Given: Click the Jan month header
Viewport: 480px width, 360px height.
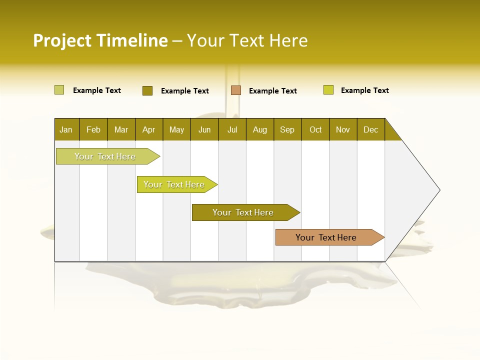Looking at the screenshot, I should [x=66, y=130].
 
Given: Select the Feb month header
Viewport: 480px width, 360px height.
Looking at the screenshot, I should [x=93, y=130].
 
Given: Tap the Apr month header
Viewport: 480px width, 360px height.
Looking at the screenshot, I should [x=148, y=130].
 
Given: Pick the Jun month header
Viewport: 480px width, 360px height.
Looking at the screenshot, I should [x=204, y=130].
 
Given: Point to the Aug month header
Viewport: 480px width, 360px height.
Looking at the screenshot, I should [x=259, y=130].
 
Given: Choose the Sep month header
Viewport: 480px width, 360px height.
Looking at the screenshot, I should [x=287, y=130].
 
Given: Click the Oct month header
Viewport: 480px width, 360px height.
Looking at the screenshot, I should [x=315, y=130].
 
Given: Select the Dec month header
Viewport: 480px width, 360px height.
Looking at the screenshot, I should [x=370, y=130].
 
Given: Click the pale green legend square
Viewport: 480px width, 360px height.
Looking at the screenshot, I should [x=59, y=90].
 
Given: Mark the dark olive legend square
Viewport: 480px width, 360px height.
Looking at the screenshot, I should [x=147, y=90].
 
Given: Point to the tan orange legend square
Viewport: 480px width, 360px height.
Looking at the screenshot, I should [x=236, y=90].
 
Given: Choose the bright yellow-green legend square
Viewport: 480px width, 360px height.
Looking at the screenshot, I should [x=328, y=90].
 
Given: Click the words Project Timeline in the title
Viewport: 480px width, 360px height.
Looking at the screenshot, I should [x=100, y=40].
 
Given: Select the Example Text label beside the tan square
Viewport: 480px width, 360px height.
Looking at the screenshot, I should [x=272, y=91].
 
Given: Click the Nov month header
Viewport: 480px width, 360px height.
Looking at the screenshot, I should [x=343, y=130].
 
